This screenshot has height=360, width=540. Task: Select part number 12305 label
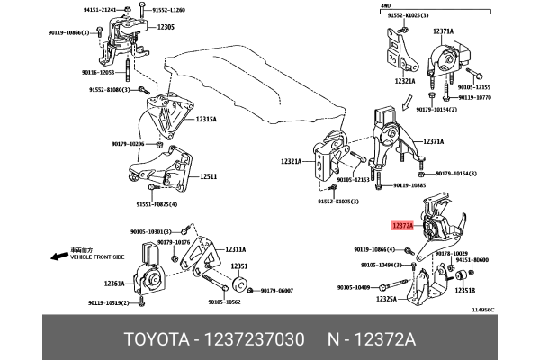(165, 28)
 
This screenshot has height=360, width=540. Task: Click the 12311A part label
(235, 249)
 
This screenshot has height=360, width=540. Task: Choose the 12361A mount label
(113, 283)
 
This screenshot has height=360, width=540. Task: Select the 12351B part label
(464, 290)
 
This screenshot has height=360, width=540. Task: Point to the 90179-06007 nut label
(276, 290)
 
